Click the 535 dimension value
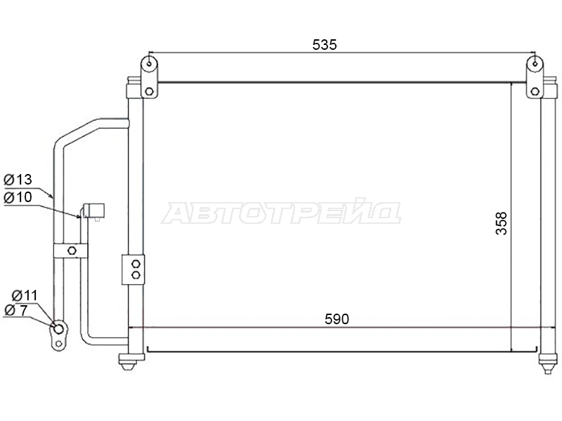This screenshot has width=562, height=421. [x=325, y=45]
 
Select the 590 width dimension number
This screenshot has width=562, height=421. [x=336, y=319]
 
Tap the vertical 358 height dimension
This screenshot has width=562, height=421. [x=501, y=223]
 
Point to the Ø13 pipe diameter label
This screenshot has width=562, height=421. [x=18, y=180]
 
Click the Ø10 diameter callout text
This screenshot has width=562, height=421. [x=18, y=197]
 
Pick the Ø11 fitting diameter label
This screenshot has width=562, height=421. [x=25, y=295]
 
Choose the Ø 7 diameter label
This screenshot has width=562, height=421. [x=15, y=310]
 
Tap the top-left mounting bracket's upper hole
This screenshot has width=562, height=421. [x=150, y=64]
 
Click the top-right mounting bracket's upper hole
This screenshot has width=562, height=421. [x=535, y=64]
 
